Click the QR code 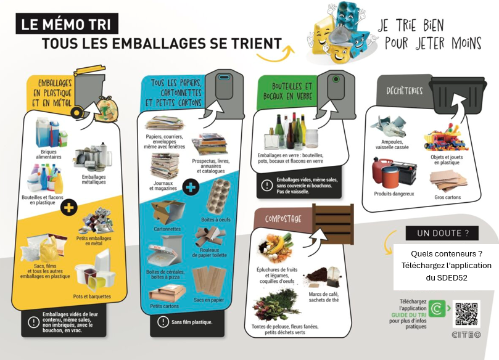tap(466, 314)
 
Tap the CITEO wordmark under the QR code tap(466, 335)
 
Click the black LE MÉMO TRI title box tap(67, 23)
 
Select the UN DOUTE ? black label tap(442, 233)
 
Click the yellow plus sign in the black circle tap(68, 207)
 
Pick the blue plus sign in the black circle tap(191, 187)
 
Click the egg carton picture tap(218, 197)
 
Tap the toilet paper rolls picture tap(210, 237)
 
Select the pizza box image tap(165, 253)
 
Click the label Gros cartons tap(447, 197)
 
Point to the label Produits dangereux tap(394, 194)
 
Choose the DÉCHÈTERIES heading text tap(404, 91)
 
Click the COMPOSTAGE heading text tap(283, 219)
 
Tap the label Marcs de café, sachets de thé tap(324, 297)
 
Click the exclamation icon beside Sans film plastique tap(163, 322)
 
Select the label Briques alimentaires tap(49, 154)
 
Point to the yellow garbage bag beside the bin tap(107, 110)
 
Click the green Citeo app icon tap(437, 308)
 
